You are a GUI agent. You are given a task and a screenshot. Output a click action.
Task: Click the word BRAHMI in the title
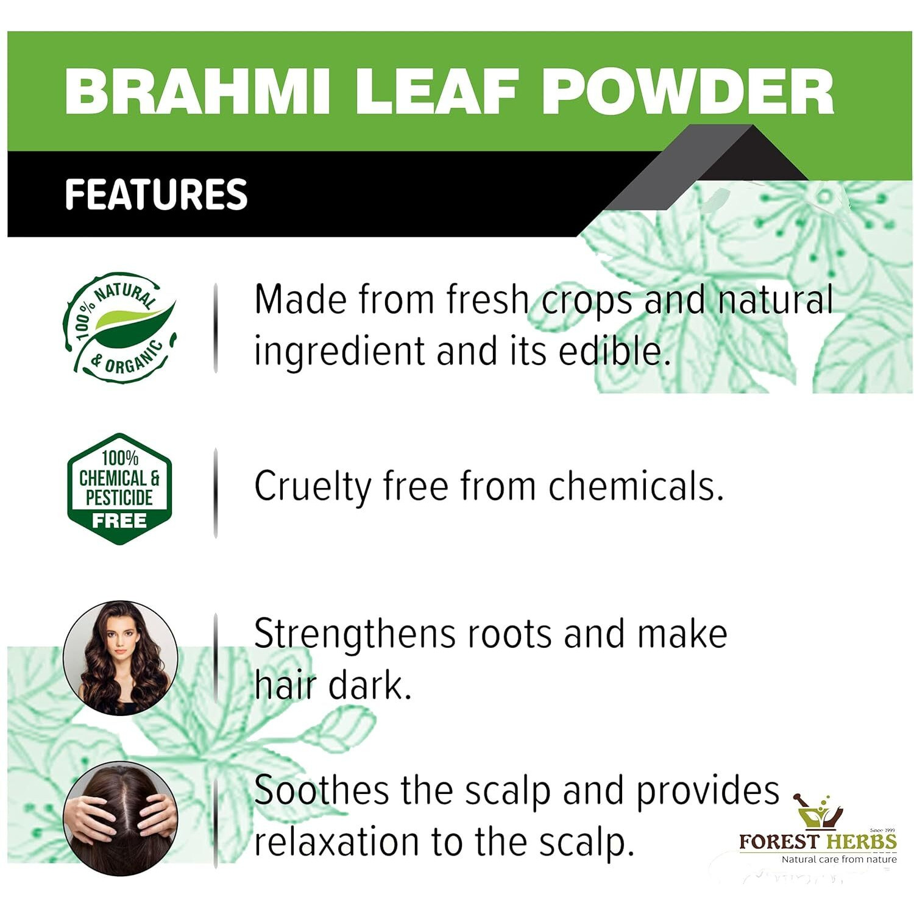[197, 92]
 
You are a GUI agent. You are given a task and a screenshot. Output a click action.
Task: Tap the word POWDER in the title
[687, 92]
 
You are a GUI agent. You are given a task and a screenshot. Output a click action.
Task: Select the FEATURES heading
[156, 194]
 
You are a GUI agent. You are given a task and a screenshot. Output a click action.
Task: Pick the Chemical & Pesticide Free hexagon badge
[119, 488]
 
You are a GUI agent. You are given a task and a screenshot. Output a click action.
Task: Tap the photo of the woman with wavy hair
[121, 657]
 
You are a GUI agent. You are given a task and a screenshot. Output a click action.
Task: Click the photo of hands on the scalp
[121, 818]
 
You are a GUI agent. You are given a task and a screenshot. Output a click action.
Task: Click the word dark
[370, 685]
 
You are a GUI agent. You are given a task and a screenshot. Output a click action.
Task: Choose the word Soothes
[321, 791]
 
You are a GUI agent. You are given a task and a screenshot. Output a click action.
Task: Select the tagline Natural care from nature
[839, 859]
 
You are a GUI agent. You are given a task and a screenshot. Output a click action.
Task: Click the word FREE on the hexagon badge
[119, 521]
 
